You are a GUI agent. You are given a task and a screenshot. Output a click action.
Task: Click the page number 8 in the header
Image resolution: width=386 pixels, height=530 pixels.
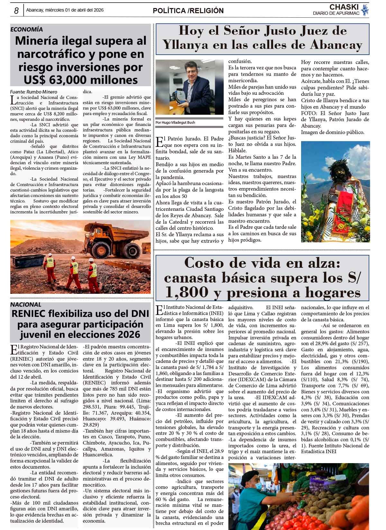[x=16, y=11]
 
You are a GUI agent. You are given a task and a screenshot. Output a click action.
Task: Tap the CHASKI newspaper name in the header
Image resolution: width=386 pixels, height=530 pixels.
[x=344, y=7]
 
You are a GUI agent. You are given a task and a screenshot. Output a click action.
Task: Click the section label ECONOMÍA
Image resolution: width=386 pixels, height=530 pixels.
[x=26, y=29]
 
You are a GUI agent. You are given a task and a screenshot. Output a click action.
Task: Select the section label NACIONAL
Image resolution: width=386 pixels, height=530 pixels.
[x=26, y=304]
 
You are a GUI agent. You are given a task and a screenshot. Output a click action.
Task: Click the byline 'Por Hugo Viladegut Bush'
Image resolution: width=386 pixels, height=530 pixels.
[x=175, y=122]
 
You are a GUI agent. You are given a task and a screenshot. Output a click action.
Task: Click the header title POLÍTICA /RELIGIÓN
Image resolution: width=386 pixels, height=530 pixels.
[x=188, y=11]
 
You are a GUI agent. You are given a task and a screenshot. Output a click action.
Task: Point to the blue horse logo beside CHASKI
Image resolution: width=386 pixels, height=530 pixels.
[x=365, y=10]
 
